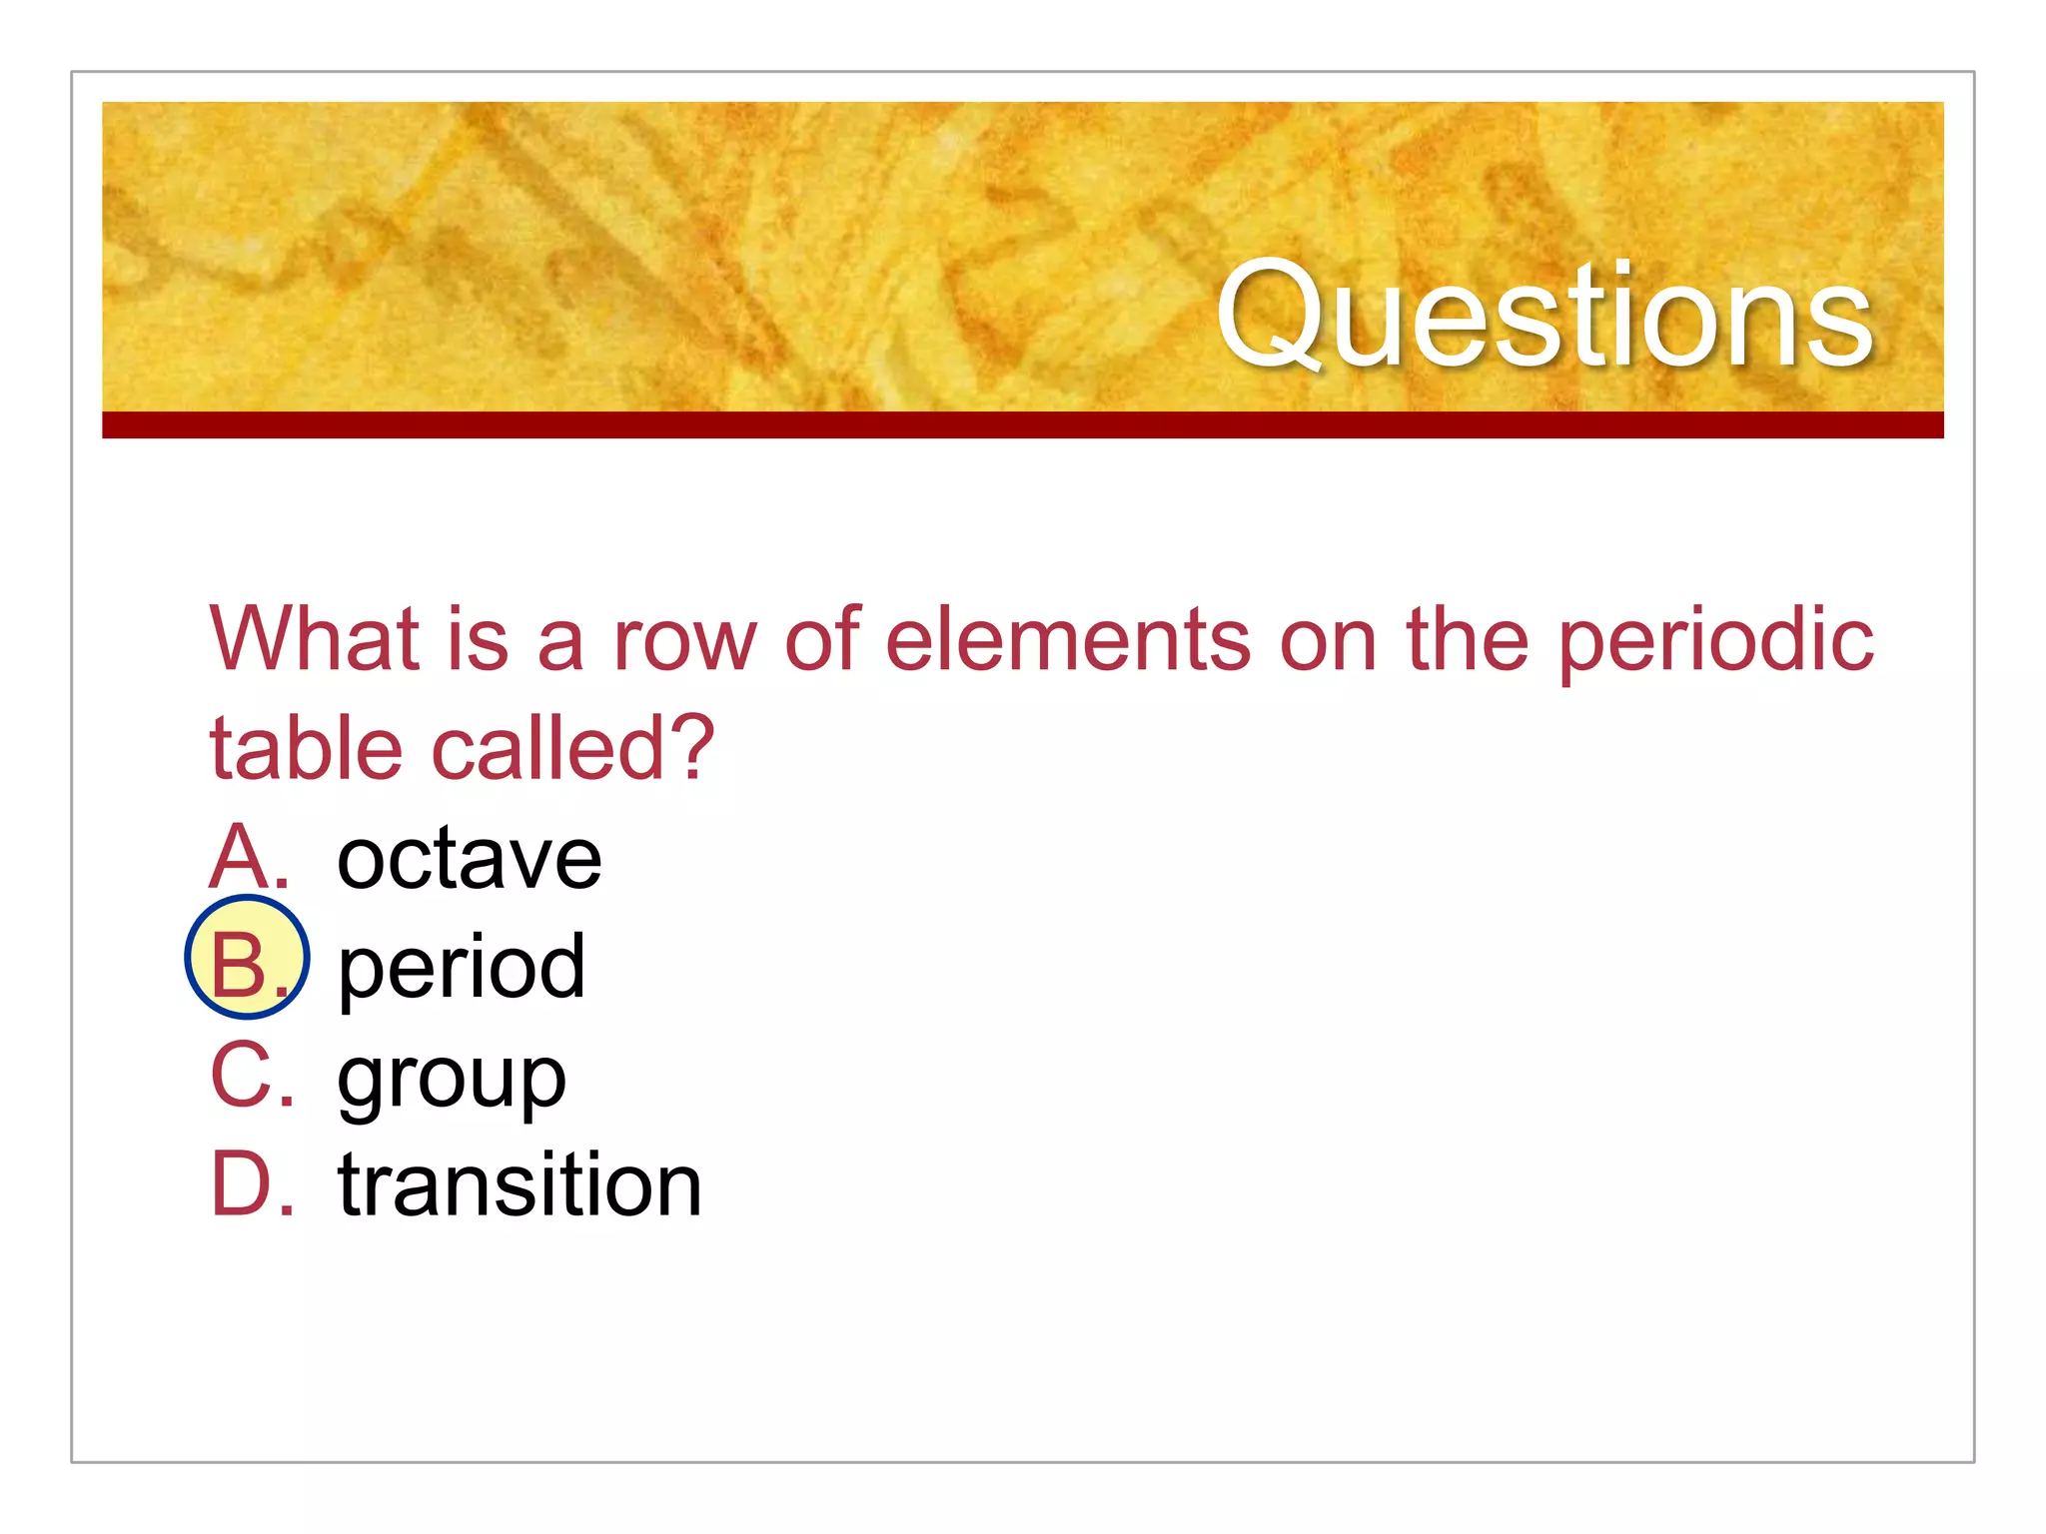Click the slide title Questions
1544,316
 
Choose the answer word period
462,967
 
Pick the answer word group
452,1079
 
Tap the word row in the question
685,641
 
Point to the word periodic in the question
1715,642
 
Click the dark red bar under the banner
1023,424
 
